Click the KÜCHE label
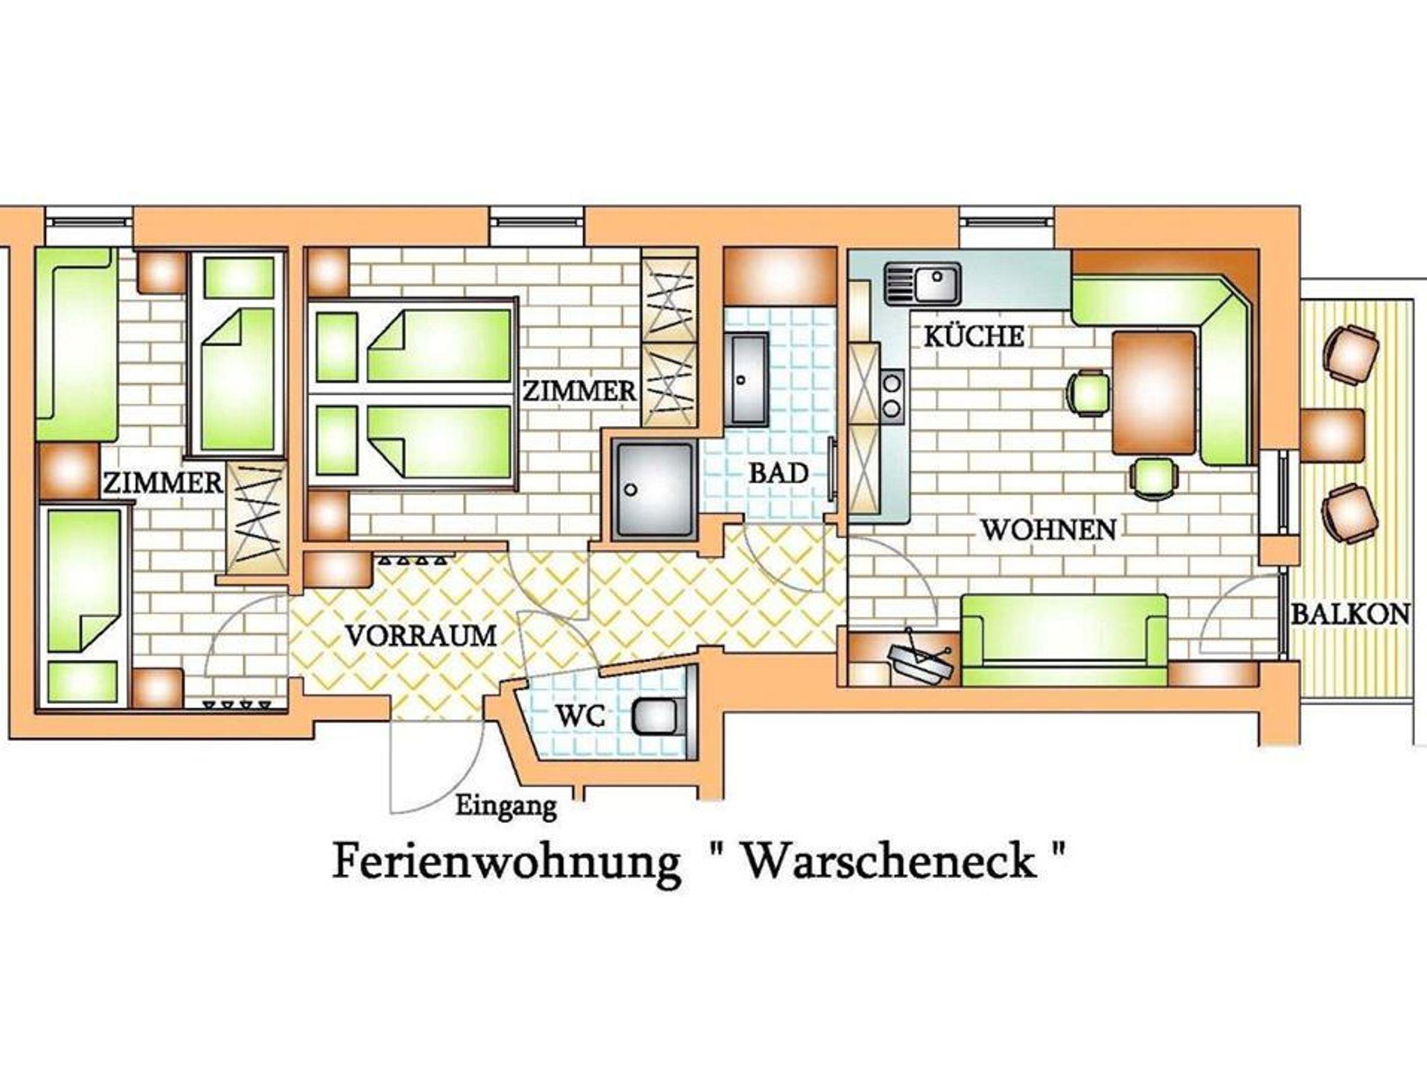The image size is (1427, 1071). tap(974, 336)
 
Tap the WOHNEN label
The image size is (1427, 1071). tap(1049, 530)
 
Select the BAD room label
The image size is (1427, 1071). tap(778, 474)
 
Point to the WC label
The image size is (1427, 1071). tap(582, 717)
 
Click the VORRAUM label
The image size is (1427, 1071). tap(421, 635)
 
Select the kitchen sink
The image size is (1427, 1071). tap(923, 283)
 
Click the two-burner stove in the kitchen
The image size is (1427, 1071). tap(892, 396)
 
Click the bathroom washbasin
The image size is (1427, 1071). tap(746, 380)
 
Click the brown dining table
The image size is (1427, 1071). tap(1154, 393)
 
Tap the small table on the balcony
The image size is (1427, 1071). tap(1332, 435)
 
